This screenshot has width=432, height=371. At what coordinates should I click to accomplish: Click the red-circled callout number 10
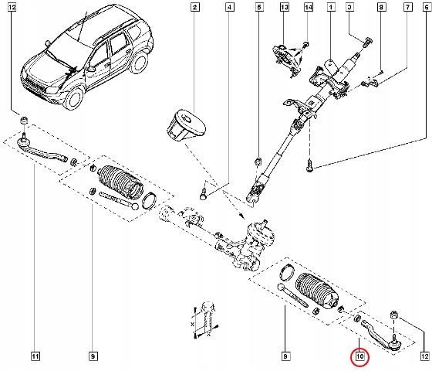pos(359,356)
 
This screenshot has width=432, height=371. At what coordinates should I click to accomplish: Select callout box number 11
pos(35,356)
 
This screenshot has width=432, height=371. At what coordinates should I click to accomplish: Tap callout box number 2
pos(194,7)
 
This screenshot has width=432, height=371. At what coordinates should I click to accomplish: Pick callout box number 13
pos(285,7)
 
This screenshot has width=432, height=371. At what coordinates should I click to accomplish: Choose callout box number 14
pos(309,7)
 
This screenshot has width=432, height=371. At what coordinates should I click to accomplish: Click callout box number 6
pos(427,7)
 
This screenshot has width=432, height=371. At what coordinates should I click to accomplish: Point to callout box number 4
pos(230,7)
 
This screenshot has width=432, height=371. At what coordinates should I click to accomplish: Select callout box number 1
pos(331,7)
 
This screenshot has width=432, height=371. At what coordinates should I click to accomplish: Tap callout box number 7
pos(408,7)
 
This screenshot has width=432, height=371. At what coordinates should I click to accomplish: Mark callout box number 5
pos(259,7)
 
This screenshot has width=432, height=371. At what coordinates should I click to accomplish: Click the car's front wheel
pos(73,98)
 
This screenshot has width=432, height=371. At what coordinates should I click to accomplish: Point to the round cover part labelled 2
pos(187,126)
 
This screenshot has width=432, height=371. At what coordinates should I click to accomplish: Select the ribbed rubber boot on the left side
pos(120,182)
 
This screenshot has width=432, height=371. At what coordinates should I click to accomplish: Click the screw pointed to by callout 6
pos(309,165)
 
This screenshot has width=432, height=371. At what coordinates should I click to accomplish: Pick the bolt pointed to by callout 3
pos(366,43)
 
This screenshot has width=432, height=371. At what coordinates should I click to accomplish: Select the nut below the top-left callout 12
pos(24,120)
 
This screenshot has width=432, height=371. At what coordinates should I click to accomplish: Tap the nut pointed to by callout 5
pos(258,162)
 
